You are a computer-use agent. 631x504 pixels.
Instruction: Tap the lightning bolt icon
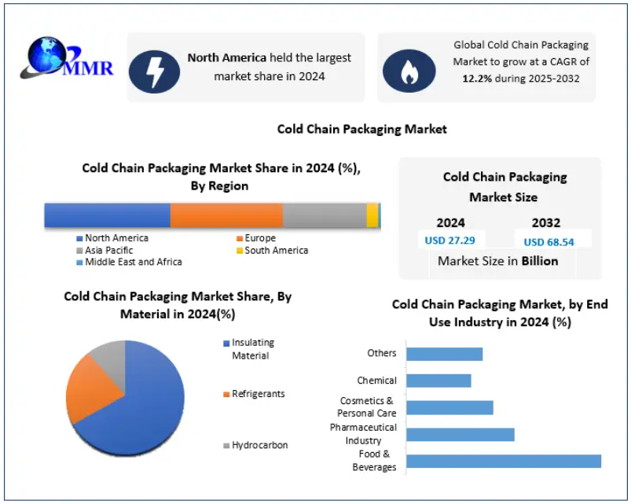[x=155, y=68]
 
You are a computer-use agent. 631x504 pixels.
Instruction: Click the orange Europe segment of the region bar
[x=226, y=215]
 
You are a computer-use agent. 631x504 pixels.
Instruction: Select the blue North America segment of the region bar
[x=107, y=215]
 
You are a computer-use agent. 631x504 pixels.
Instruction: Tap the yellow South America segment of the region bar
[x=372, y=215]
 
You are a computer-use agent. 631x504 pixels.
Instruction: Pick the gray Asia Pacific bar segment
[x=325, y=215]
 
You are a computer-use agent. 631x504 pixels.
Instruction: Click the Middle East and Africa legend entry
[x=133, y=262]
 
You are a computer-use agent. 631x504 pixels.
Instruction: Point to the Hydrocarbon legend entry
[x=259, y=445]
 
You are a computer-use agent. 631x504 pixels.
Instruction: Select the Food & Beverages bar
[x=503, y=462]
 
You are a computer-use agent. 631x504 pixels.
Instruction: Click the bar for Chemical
[x=438, y=381]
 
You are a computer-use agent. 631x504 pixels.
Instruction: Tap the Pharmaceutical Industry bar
[x=460, y=435]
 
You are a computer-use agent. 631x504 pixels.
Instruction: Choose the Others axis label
[x=382, y=354]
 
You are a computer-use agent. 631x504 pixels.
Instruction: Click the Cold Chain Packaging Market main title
[x=361, y=129]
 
